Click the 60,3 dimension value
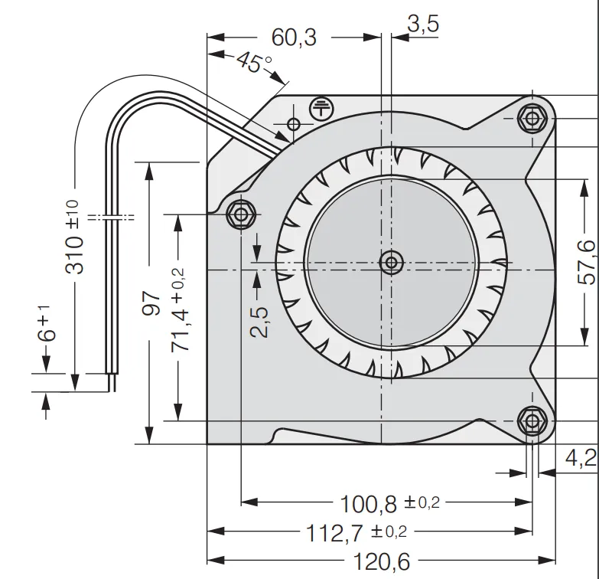pos(294,36)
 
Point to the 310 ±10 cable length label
pos(74,237)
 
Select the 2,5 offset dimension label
pos(259,322)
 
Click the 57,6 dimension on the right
pos(585,262)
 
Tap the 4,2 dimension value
pos(580,459)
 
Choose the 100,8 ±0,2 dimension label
pos(391,503)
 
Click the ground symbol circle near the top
pos(321,109)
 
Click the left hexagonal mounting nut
pos(242,214)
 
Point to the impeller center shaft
pos(392,263)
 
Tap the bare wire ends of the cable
pos(113,382)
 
